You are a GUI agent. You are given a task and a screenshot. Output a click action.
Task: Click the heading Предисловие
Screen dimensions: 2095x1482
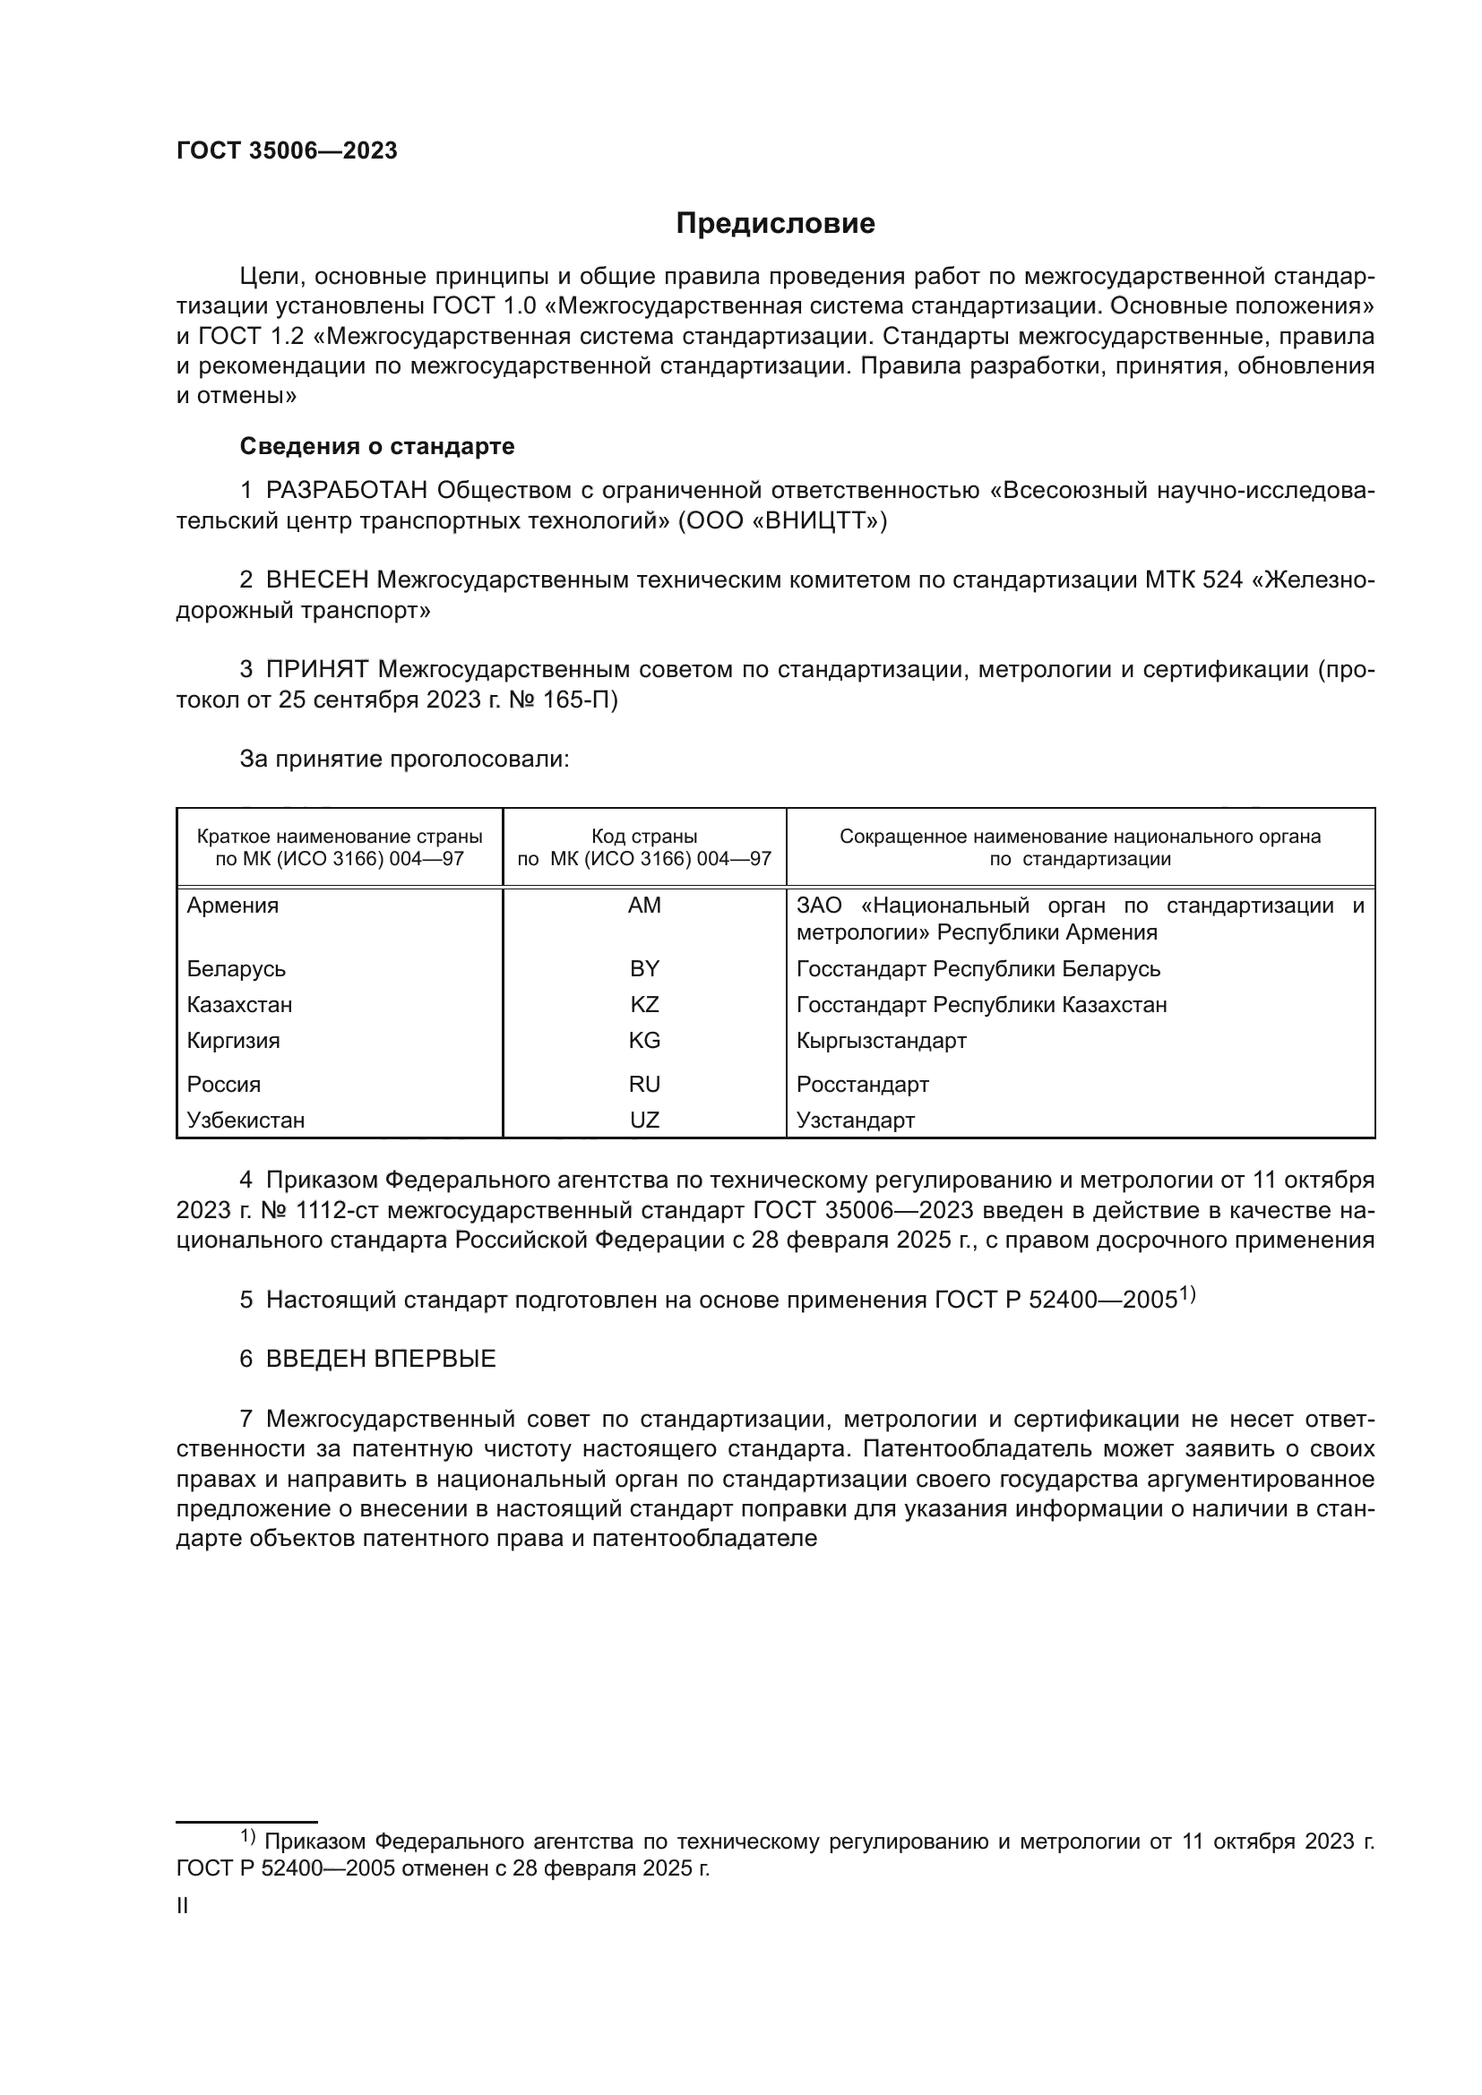click(x=775, y=224)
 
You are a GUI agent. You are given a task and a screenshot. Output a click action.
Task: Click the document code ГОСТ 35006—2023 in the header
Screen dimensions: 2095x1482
click(x=287, y=151)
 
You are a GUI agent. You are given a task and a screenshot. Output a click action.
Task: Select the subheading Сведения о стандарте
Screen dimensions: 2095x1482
click(x=377, y=446)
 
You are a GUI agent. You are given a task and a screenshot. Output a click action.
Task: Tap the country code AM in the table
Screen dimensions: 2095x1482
click(x=644, y=906)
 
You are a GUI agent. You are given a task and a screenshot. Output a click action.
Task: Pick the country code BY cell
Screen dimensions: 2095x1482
click(x=644, y=969)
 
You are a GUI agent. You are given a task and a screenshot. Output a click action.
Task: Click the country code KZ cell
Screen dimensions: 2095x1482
click(x=644, y=1005)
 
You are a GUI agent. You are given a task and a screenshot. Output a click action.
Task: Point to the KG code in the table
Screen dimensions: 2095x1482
click(x=644, y=1041)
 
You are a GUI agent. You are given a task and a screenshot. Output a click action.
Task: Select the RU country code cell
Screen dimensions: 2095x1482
click(x=644, y=1085)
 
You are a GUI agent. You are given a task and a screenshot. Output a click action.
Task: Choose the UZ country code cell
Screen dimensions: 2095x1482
click(x=644, y=1120)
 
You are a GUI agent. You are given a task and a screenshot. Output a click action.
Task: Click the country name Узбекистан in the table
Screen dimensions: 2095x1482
click(x=246, y=1120)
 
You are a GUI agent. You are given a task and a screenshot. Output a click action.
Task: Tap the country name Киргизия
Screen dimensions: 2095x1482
click(x=234, y=1041)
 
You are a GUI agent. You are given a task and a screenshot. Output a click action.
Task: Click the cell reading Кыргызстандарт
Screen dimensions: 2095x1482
click(x=881, y=1041)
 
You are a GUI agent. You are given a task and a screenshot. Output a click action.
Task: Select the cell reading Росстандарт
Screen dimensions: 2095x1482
click(x=862, y=1085)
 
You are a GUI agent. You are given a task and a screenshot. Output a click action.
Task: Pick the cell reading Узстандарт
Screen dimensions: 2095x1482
click(x=855, y=1120)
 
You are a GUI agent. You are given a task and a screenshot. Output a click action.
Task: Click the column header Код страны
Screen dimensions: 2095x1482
click(x=644, y=837)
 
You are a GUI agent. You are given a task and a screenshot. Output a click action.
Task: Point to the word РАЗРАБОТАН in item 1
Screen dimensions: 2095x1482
click(x=346, y=491)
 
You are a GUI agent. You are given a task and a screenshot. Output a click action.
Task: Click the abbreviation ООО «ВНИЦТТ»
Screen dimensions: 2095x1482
click(x=781, y=521)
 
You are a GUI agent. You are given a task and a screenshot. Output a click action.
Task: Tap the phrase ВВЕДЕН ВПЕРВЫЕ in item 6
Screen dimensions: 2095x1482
click(x=381, y=1359)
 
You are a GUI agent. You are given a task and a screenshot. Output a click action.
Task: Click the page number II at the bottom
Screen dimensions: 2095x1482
click(x=183, y=1906)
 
